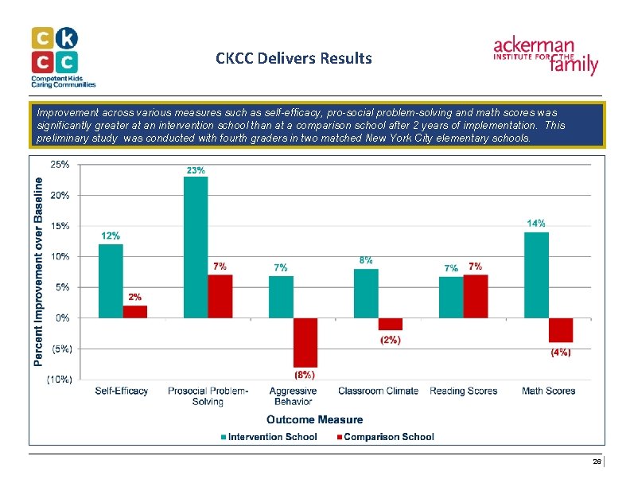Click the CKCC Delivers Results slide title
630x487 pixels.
(294, 59)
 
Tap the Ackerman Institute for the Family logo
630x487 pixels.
(546, 55)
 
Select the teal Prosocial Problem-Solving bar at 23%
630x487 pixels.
(196, 247)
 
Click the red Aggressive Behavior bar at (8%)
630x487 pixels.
(305, 342)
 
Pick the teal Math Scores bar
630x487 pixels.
(536, 275)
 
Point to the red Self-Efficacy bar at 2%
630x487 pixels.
(135, 311)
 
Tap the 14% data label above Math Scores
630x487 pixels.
(536, 224)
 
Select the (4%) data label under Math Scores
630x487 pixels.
(561, 352)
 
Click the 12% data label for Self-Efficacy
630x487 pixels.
(111, 236)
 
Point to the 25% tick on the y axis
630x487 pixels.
(60, 165)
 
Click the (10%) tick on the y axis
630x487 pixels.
(58, 380)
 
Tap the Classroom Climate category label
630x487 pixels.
(379, 391)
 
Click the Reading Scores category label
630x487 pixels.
(463, 391)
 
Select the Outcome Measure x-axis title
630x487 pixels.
(314, 419)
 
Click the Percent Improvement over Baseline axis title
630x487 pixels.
(38, 271)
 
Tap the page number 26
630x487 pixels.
(597, 462)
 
